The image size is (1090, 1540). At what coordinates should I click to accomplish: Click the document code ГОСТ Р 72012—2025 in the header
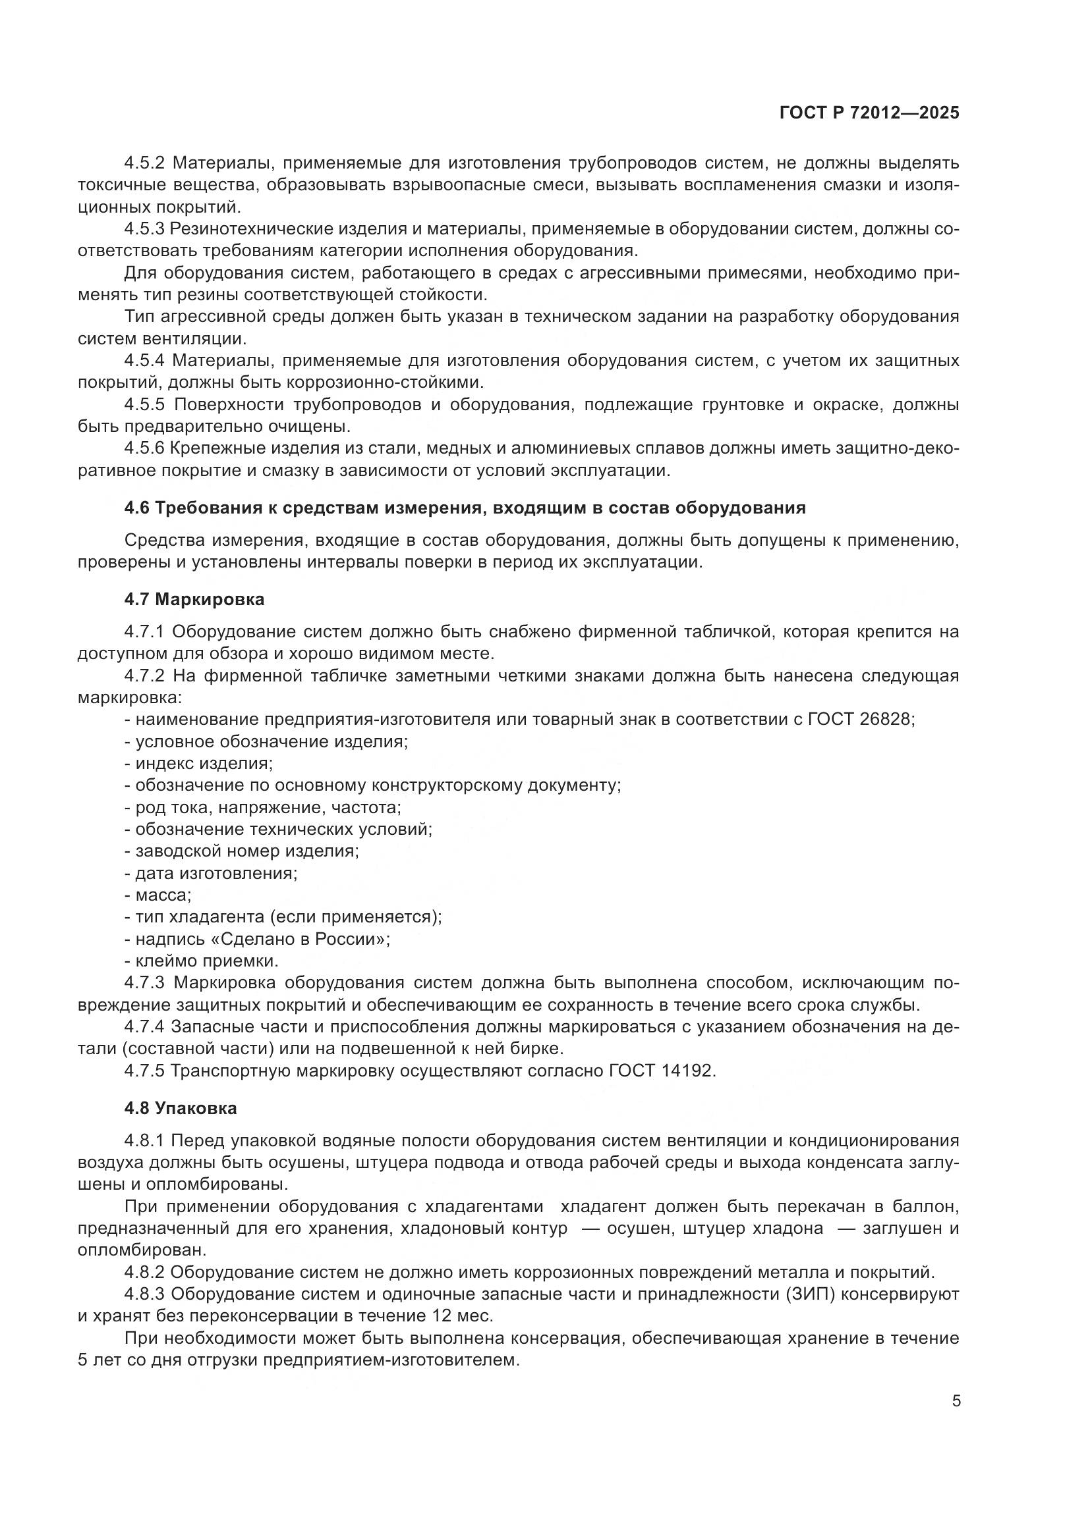(869, 113)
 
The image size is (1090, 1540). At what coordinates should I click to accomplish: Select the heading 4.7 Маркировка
(194, 599)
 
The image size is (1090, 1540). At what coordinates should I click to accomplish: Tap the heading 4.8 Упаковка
(180, 1108)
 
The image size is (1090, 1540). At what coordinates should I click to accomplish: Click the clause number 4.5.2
(144, 163)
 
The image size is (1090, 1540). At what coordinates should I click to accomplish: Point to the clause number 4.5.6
(144, 448)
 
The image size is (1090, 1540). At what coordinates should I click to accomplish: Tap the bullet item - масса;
(158, 895)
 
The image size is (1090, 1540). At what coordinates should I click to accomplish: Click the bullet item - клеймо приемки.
(202, 961)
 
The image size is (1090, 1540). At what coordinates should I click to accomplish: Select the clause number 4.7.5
(144, 1071)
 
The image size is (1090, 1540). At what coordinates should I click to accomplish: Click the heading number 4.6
(137, 508)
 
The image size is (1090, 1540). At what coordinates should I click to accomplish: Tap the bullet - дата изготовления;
(211, 873)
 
